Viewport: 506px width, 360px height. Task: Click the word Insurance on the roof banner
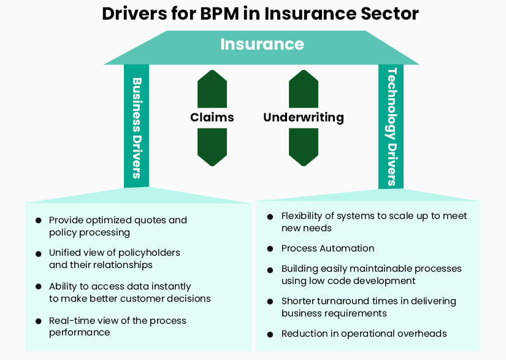(x=262, y=44)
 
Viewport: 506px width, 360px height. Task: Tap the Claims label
(x=212, y=117)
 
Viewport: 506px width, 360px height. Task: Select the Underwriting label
(x=304, y=117)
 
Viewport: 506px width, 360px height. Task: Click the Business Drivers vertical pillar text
(x=137, y=127)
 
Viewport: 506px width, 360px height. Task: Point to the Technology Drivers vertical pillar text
(x=391, y=127)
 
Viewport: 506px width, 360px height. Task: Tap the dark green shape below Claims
(x=212, y=147)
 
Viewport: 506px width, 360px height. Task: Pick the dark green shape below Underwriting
(x=304, y=147)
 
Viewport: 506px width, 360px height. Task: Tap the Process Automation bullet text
(x=328, y=248)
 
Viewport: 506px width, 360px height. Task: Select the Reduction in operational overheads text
(x=364, y=334)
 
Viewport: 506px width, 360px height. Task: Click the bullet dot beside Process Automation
(x=270, y=249)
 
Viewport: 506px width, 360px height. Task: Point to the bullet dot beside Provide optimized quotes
(x=38, y=220)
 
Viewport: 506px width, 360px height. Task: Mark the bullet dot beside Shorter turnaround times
(x=270, y=302)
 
